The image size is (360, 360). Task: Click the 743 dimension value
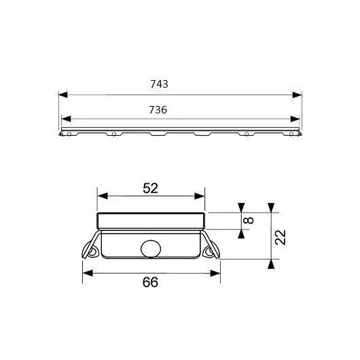click(159, 84)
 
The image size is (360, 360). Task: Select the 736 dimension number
click(158, 110)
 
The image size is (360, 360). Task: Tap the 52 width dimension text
click(150, 188)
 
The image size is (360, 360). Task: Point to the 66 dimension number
click(150, 282)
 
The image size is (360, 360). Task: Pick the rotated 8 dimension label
click(249, 220)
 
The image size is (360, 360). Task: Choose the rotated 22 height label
click(281, 238)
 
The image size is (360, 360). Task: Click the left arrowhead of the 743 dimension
click(63, 94)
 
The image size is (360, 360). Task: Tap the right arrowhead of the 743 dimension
click(298, 94)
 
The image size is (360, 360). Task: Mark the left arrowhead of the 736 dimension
click(66, 119)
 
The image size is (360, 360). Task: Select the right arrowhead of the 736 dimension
click(295, 119)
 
